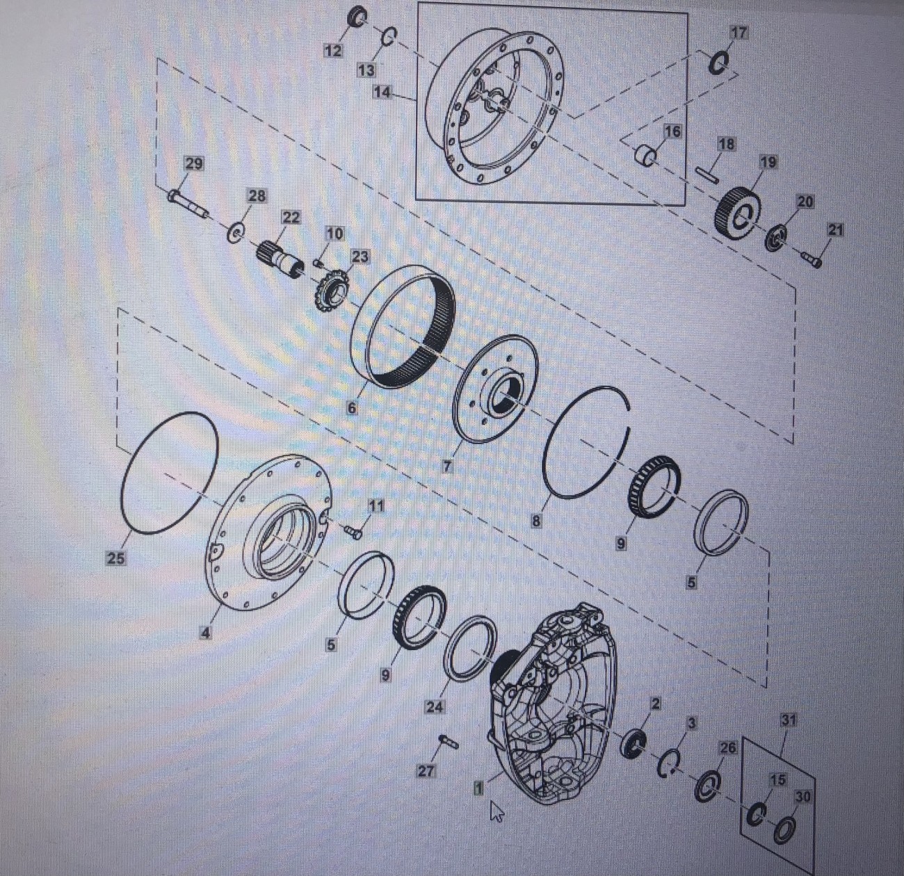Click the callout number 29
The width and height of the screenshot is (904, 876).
tap(194, 164)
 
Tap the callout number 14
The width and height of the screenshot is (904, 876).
tap(382, 92)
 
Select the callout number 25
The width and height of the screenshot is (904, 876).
tap(115, 558)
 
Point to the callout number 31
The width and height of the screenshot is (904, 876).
tap(789, 720)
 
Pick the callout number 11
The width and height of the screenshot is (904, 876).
tap(376, 506)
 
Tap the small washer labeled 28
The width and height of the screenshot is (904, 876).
tap(236, 232)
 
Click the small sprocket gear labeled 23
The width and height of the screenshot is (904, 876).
tap(332, 292)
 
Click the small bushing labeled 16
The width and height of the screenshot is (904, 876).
tap(646, 154)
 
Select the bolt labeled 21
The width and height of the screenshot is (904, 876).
tap(811, 259)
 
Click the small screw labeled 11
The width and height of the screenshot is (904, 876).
tap(353, 532)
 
